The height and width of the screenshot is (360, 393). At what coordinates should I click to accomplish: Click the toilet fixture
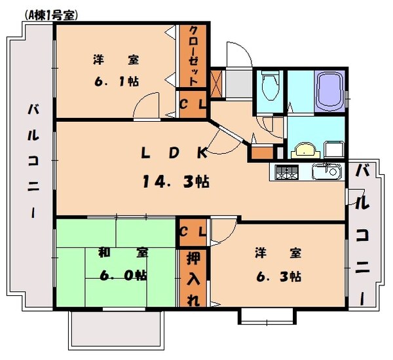(269, 86)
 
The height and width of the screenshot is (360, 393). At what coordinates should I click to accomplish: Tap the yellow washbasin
(303, 150)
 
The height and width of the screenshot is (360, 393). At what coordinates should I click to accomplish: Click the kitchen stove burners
(286, 172)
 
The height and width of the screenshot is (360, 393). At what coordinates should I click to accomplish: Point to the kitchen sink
(325, 172)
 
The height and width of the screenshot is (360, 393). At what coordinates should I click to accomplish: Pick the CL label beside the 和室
(193, 232)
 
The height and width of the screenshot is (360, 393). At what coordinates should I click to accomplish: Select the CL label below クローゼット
(193, 105)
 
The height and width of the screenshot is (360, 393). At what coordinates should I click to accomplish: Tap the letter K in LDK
(201, 153)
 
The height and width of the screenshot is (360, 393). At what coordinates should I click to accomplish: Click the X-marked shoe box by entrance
(217, 81)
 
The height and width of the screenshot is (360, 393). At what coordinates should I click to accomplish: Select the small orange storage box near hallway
(261, 154)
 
